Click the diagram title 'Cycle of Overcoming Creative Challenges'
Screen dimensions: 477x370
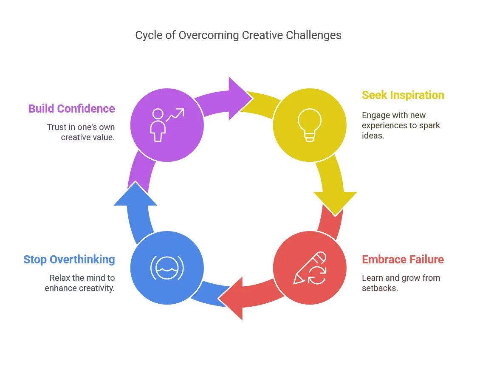(238, 35)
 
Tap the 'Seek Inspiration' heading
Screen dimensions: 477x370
(403, 95)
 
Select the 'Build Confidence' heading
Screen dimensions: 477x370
(71, 109)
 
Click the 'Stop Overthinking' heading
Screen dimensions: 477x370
(69, 260)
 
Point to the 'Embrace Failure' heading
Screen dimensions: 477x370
(403, 260)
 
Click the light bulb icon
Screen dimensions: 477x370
(310, 125)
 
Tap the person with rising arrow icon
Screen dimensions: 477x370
(167, 125)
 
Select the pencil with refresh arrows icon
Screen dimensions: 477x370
(310, 268)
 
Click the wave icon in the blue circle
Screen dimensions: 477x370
(167, 268)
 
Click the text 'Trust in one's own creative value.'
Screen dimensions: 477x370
(81, 132)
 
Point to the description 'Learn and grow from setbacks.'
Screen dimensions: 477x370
(401, 283)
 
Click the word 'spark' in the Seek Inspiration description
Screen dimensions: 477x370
(429, 125)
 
